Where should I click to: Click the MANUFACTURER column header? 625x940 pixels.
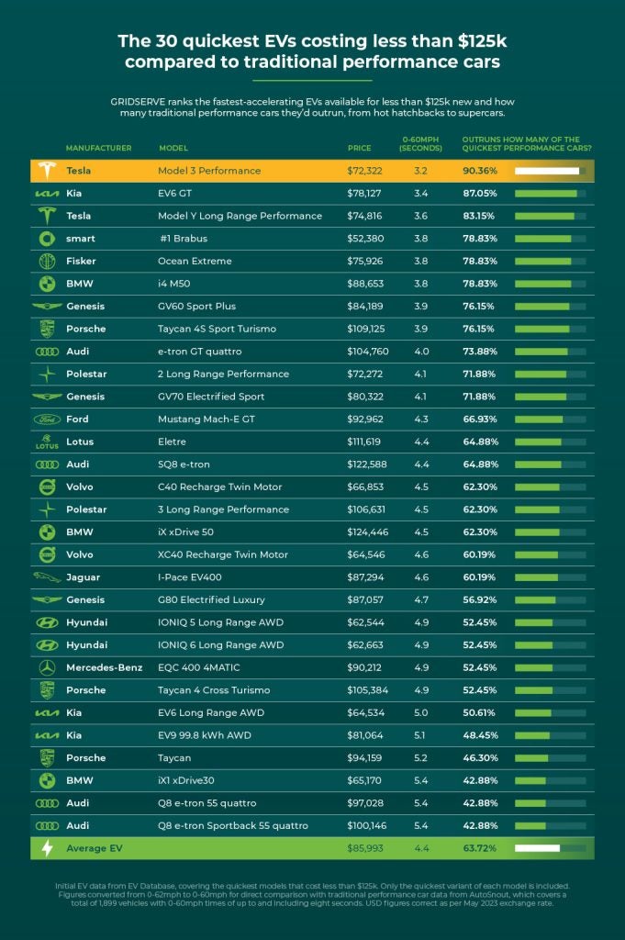(99, 148)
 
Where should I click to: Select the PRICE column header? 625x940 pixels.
(360, 148)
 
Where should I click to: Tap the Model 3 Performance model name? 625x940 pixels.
(209, 171)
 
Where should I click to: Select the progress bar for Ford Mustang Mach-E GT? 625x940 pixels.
(550, 420)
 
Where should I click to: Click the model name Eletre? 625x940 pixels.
(174, 442)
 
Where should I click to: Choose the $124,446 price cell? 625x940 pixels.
(368, 532)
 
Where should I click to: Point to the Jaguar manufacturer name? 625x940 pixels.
(85, 577)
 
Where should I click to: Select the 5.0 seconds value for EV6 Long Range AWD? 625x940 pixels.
(421, 712)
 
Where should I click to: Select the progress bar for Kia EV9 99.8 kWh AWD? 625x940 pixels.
(550, 735)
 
